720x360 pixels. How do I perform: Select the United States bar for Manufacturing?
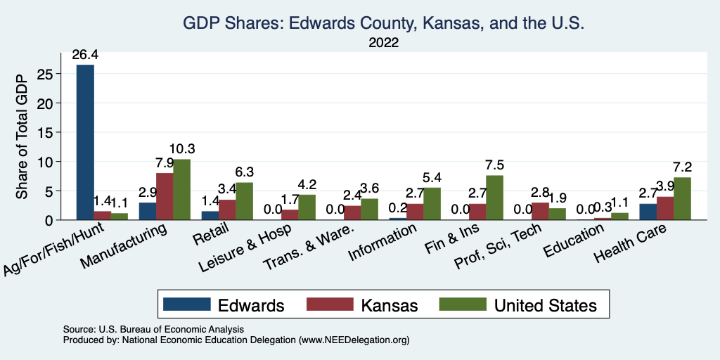[x=181, y=190]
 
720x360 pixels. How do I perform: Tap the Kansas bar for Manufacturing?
[x=165, y=196]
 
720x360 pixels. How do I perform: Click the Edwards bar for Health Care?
[x=648, y=212]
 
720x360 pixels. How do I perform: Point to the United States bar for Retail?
[x=244, y=201]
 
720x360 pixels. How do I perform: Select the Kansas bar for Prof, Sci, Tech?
[x=540, y=211]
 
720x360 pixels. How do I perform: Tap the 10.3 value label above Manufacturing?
[x=181, y=149]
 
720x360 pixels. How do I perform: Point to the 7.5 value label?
[x=495, y=165]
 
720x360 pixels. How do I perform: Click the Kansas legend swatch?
[x=330, y=304]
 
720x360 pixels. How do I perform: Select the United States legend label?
[x=546, y=305]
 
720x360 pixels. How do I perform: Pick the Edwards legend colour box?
[x=186, y=304]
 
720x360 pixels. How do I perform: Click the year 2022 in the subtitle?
[x=384, y=42]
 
